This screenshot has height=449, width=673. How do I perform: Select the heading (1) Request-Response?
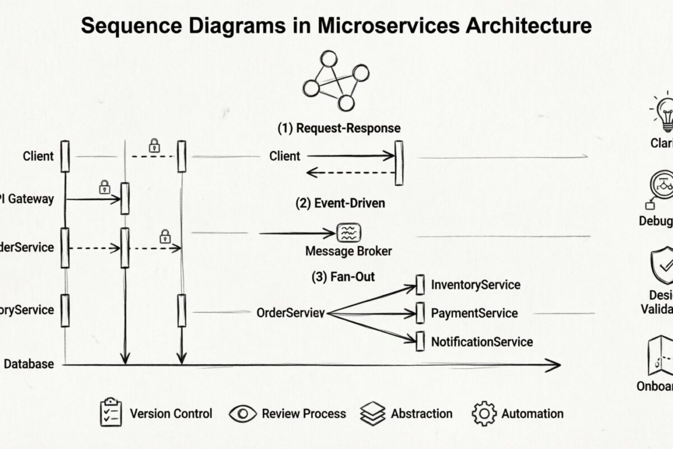point(339,128)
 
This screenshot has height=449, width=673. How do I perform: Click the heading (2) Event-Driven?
point(340,203)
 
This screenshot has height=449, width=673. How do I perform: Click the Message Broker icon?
point(348,232)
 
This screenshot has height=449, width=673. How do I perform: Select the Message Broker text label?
point(348,251)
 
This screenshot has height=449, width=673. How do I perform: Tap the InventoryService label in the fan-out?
point(476,285)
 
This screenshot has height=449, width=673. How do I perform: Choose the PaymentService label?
point(474,313)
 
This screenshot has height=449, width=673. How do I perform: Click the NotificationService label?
point(482,341)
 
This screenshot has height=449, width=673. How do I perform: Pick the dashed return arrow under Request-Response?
point(351,173)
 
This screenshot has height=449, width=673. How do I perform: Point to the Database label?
point(29,364)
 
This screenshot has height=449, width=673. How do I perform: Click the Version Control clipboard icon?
point(110,414)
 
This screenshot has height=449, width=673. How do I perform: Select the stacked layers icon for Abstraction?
point(373,414)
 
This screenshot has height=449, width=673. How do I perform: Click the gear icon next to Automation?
point(484,414)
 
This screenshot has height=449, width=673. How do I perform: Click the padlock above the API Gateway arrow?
point(104,187)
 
